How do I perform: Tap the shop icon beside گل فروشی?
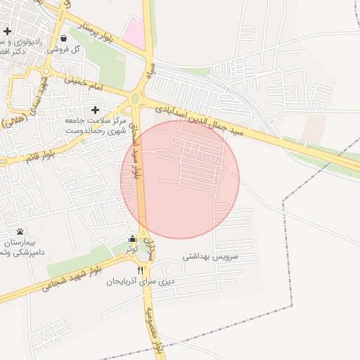tap(64, 39)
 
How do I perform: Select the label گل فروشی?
tap(65, 50)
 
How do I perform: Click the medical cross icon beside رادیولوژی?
tap(7, 31)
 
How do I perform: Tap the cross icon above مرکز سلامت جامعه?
tap(96, 110)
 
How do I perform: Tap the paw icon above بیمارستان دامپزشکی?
tap(20, 231)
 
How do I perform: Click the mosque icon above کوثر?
tap(132, 238)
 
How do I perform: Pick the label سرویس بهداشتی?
tap(211, 257)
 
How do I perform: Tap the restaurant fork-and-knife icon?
tap(141, 270)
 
